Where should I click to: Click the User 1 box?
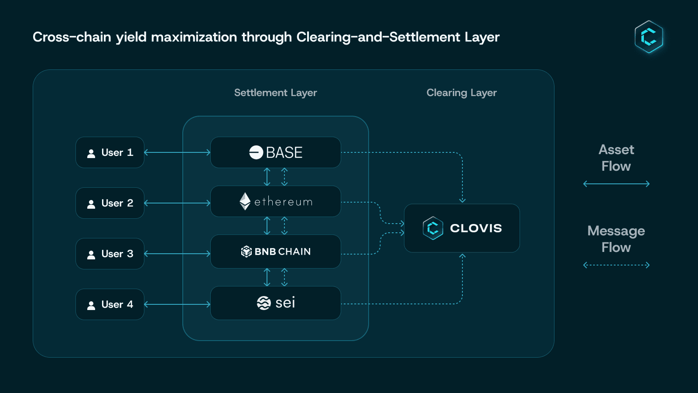pos(110,152)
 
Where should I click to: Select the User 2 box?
pos(110,203)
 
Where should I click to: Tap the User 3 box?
pos(110,254)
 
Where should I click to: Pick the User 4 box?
pos(110,304)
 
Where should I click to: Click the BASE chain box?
pos(276,152)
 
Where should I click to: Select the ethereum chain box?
pos(276,201)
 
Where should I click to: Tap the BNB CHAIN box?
pos(276,252)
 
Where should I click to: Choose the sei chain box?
pos(276,303)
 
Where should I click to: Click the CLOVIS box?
pos(462,228)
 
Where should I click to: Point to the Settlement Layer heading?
pos(275,93)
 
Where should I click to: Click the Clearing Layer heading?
pos(462,93)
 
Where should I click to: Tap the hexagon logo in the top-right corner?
pos(649,37)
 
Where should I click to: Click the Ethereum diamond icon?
pos(245,201)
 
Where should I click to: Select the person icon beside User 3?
pos(91,255)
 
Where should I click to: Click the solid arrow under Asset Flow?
pos(616,184)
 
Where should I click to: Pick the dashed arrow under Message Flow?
pos(616,265)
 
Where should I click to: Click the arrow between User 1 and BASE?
pos(177,152)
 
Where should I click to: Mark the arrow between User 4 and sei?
pos(177,304)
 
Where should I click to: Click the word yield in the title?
pos(131,37)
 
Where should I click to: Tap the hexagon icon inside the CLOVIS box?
pos(433,228)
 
